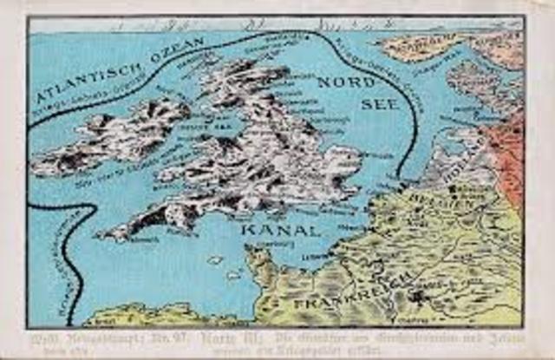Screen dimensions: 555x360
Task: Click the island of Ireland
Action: pos(113,139)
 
